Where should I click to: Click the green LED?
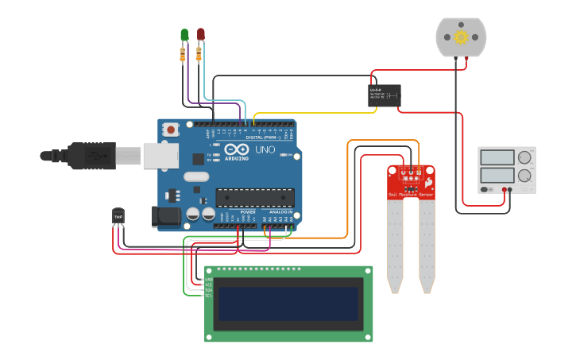coord(184,34)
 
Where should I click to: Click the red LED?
coord(200,33)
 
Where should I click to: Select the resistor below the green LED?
coord(184,54)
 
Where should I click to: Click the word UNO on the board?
coord(265,149)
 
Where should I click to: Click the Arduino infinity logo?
coord(236,149)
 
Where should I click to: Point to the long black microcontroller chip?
coord(255,197)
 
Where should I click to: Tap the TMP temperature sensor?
coord(118,215)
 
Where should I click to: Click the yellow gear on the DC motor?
coord(461,37)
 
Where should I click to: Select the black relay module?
coord(385,95)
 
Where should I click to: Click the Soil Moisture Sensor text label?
coord(411,195)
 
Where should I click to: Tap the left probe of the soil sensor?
coord(395,246)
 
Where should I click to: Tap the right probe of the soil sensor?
coord(427,246)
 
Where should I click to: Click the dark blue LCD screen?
coord(288,304)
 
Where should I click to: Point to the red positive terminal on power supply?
coord(504,190)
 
